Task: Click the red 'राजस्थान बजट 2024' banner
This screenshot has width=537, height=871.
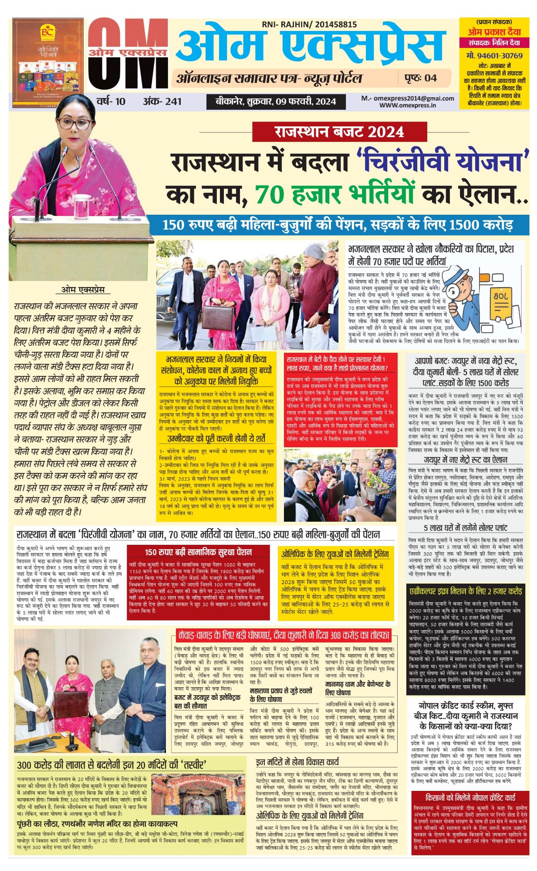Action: [339, 132]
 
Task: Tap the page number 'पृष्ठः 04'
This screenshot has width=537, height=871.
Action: [420, 78]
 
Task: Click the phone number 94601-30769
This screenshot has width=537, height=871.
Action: [494, 56]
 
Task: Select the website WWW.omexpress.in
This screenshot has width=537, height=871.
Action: [407, 105]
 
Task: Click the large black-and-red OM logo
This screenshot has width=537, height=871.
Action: [128, 54]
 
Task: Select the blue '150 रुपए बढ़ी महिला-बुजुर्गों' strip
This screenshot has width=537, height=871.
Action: [338, 225]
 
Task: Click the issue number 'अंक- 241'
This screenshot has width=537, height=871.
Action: [162, 101]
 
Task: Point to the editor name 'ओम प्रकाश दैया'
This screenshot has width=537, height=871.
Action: [494, 32]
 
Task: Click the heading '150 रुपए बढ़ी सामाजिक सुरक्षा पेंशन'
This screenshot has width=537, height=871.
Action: [198, 552]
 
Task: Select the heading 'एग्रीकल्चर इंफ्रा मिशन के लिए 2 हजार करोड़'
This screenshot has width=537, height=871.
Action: [466, 591]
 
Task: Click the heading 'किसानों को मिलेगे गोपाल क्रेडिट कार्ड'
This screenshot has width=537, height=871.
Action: [470, 797]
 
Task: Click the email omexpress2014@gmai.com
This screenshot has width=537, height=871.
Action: [407, 98]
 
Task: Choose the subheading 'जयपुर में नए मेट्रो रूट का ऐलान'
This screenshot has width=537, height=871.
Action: [466, 460]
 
